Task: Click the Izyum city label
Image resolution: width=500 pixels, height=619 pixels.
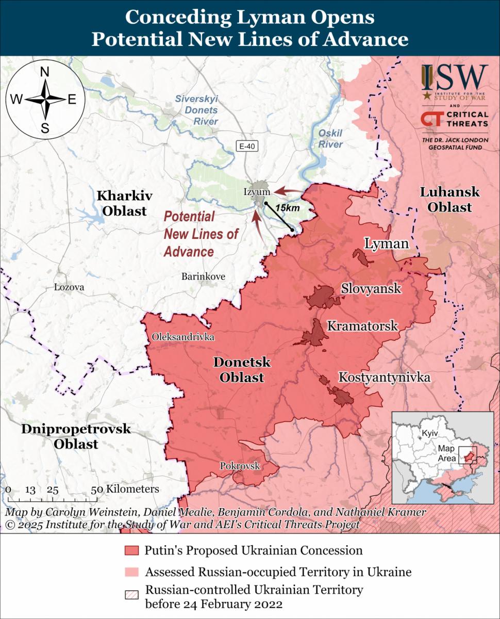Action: (x=257, y=192)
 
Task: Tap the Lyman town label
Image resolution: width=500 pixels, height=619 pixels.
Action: (x=386, y=243)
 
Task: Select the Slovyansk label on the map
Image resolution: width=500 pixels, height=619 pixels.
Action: (x=371, y=288)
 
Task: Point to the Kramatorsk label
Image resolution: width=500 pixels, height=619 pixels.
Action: (x=362, y=326)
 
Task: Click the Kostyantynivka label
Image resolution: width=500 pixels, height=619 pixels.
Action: (x=384, y=378)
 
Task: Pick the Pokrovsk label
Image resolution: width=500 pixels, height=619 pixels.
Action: (x=240, y=466)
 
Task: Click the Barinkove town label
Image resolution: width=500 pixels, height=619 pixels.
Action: (x=203, y=276)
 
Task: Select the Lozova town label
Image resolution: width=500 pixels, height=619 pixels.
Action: (x=69, y=287)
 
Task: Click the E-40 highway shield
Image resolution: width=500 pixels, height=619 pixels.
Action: (x=247, y=146)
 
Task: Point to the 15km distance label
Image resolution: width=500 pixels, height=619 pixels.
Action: (x=287, y=207)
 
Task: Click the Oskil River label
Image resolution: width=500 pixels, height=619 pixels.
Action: (x=330, y=139)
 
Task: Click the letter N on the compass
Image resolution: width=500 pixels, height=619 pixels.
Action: (x=45, y=73)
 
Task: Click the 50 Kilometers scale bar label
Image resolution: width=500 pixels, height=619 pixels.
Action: (x=126, y=489)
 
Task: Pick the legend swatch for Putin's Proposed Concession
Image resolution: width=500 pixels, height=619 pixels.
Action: (x=132, y=550)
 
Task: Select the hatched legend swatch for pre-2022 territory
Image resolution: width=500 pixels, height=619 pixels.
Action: (x=132, y=594)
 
